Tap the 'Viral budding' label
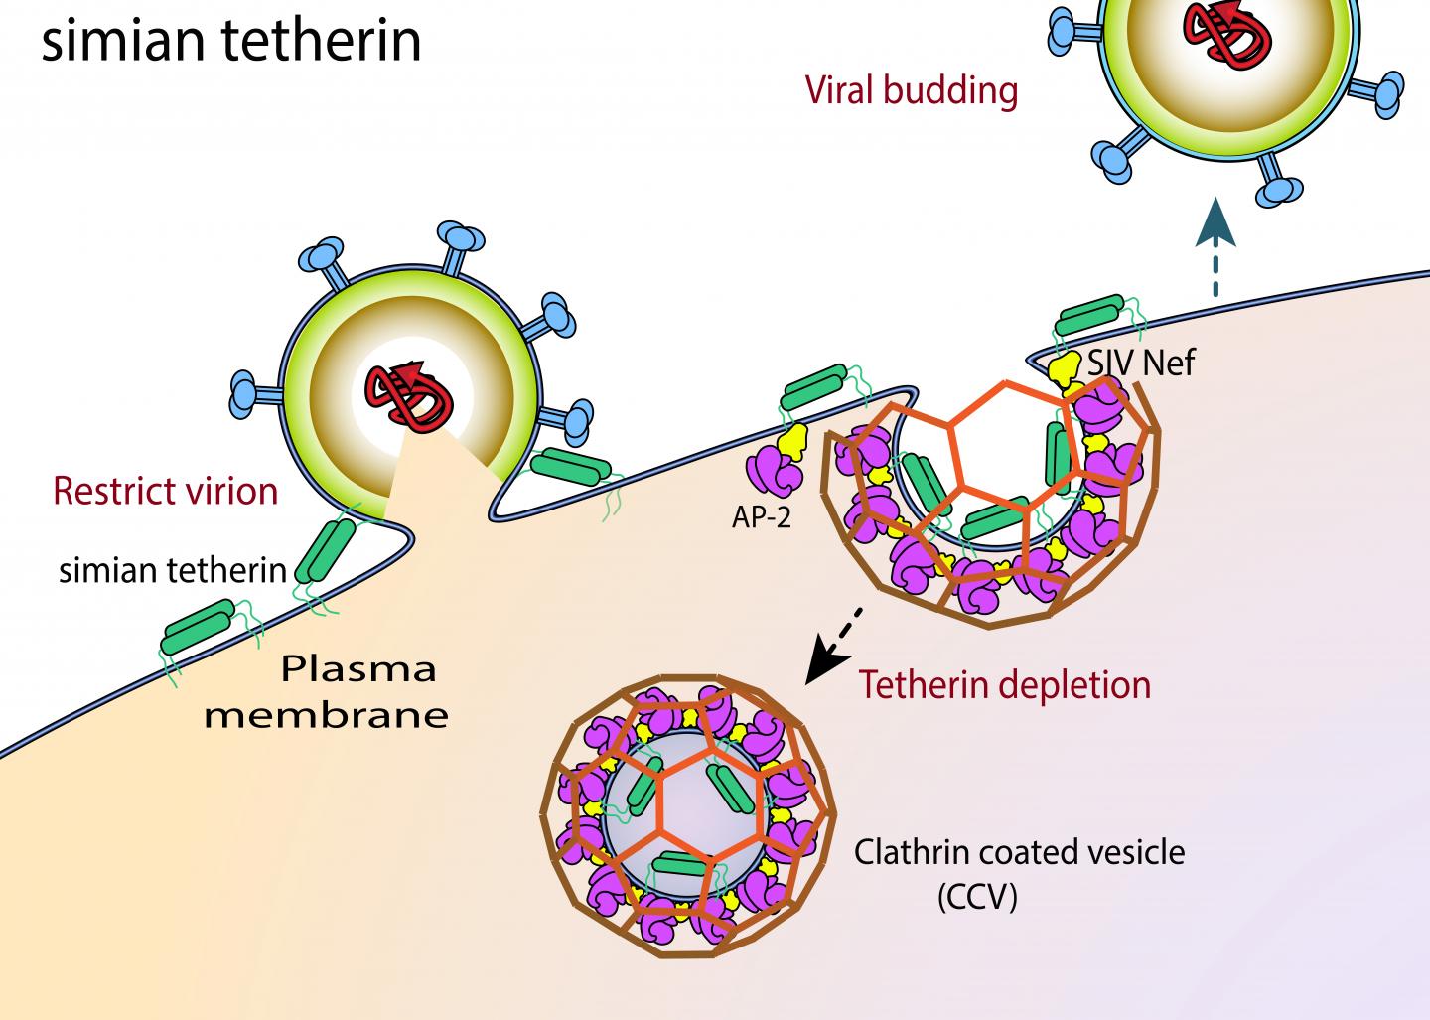click(912, 90)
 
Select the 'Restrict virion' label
click(165, 491)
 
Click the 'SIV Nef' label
click(1141, 363)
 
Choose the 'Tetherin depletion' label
click(1005, 684)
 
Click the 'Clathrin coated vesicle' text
click(1020, 852)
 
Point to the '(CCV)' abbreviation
click(977, 897)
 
